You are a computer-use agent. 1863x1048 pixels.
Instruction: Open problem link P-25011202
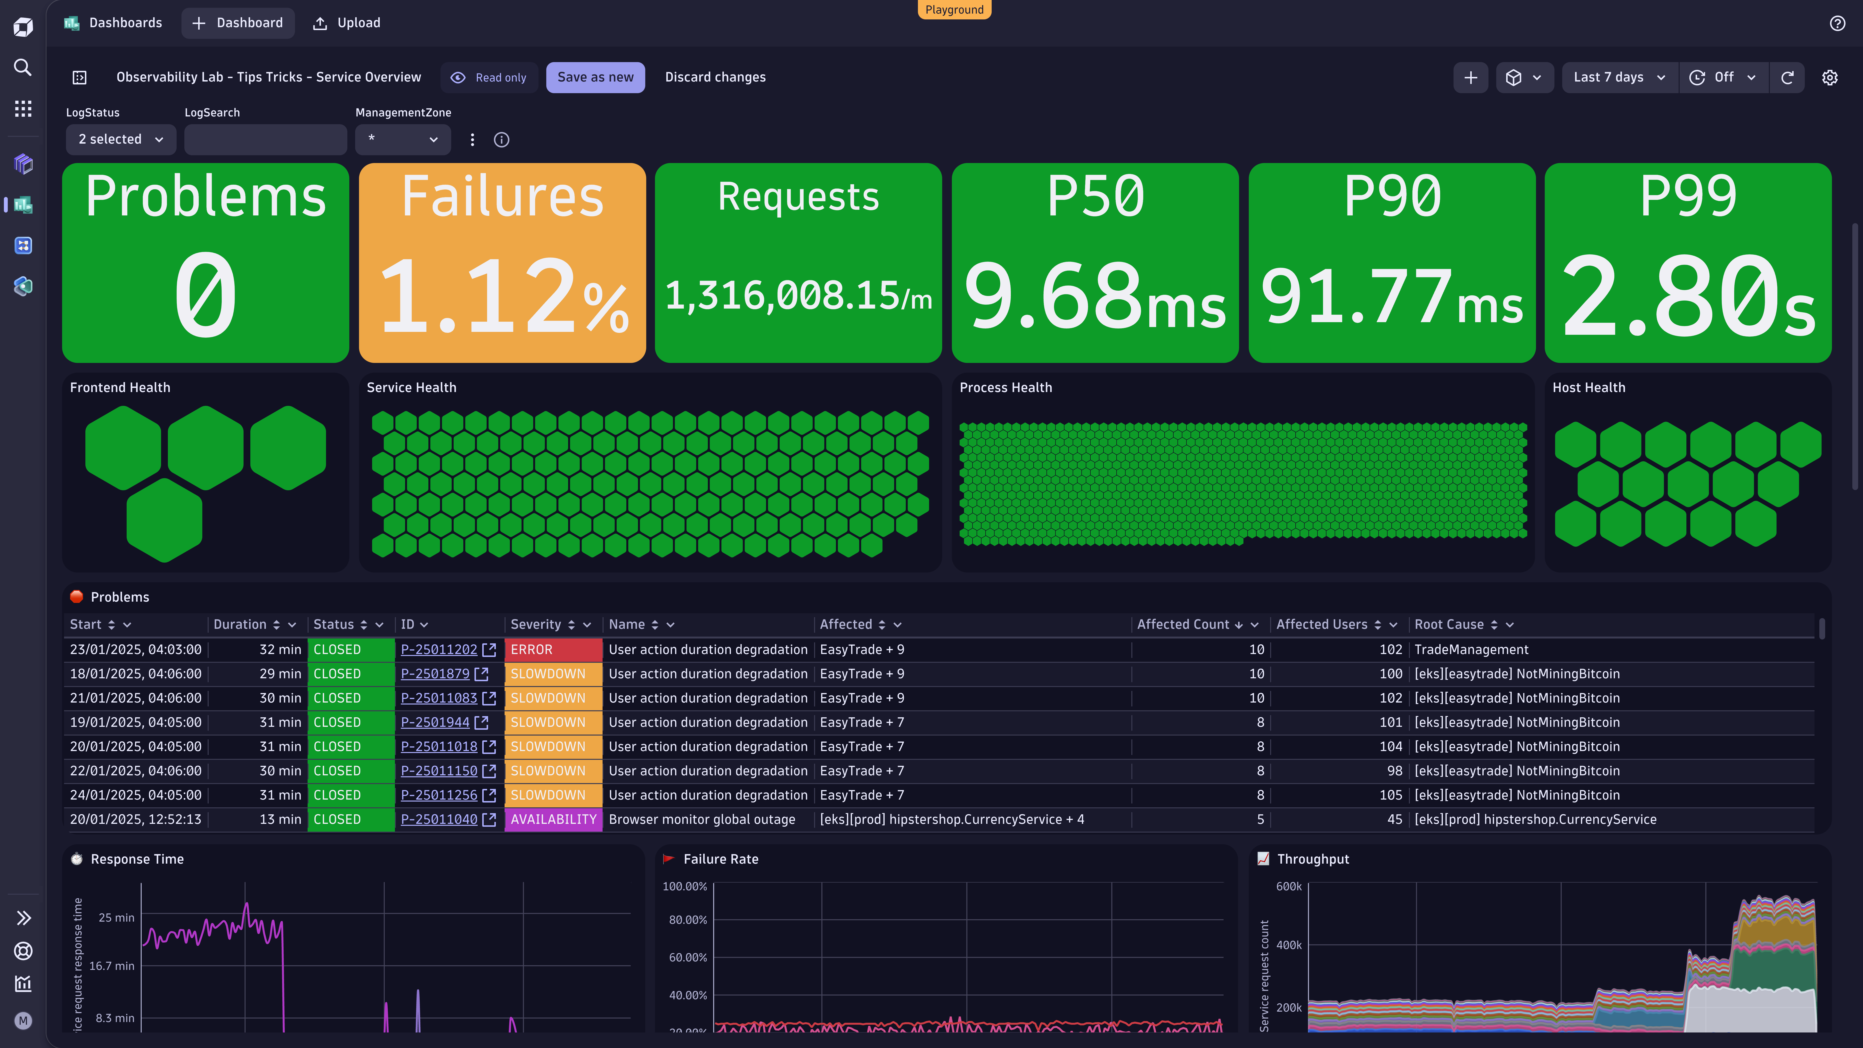point(439,649)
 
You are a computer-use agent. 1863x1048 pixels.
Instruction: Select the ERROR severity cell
point(553,649)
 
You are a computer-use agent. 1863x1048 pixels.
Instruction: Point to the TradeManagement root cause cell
point(1471,649)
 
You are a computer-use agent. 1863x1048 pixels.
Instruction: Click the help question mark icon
point(1837,23)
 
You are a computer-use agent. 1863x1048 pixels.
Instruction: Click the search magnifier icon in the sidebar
point(23,67)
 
